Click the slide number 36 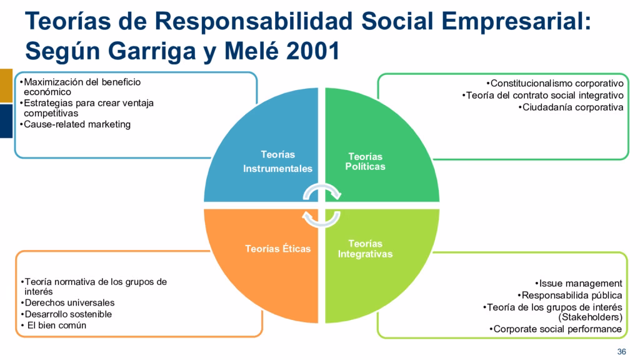[x=621, y=350]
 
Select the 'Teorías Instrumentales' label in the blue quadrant [x=277, y=161]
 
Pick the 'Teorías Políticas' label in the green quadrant [x=366, y=161]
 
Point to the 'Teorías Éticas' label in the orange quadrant [x=277, y=249]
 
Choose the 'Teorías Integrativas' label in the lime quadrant [x=366, y=249]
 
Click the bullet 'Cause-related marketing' [x=77, y=124]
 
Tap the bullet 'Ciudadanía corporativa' [x=572, y=107]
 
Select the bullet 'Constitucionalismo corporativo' [x=555, y=83]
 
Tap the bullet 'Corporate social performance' [x=556, y=329]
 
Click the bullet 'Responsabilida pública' [x=570, y=295]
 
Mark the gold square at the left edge [x=6, y=86]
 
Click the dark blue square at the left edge [x=6, y=121]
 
